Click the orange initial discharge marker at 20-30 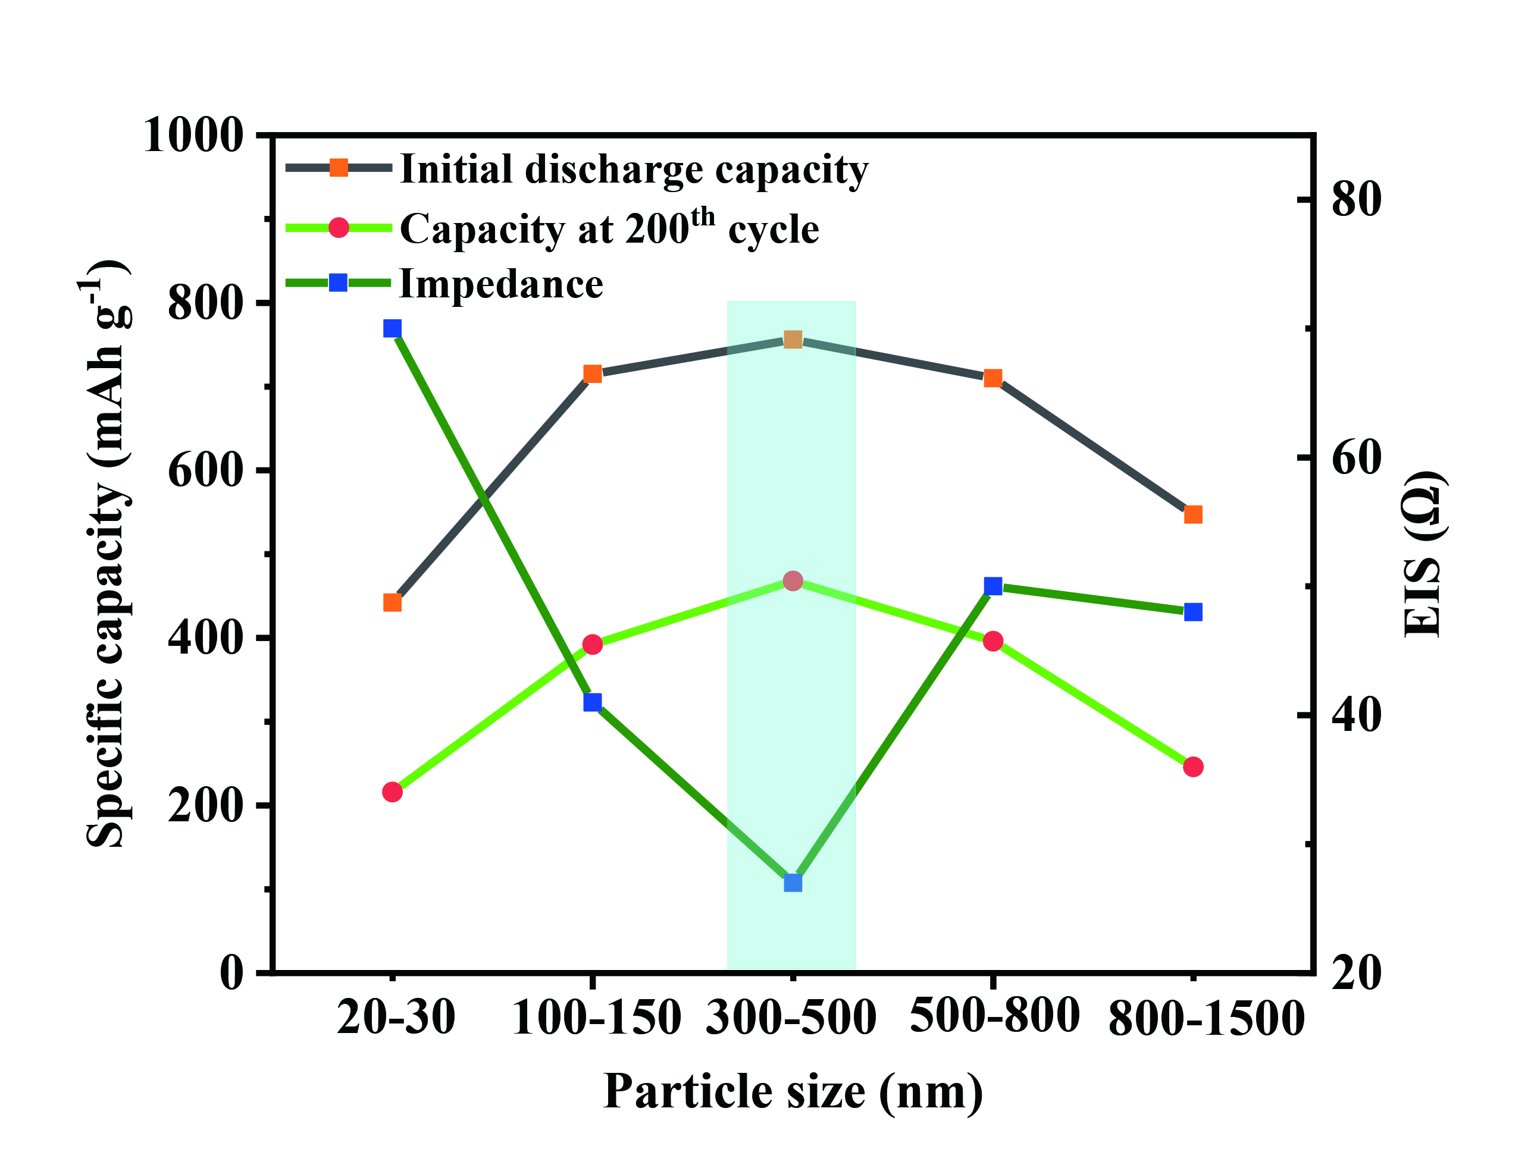point(393,602)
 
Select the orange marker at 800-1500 point(1194,514)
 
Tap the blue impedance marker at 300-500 point(793,883)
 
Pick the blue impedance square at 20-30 point(393,328)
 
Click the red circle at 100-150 point(593,644)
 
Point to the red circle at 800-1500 point(1194,767)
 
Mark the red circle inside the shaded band point(793,580)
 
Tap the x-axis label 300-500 point(791,1018)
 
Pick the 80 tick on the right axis point(1356,199)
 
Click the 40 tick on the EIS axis point(1356,714)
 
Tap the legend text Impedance point(500,284)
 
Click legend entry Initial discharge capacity point(634,169)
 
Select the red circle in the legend point(339,227)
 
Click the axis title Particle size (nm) point(793,1091)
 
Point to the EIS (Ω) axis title point(1422,554)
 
